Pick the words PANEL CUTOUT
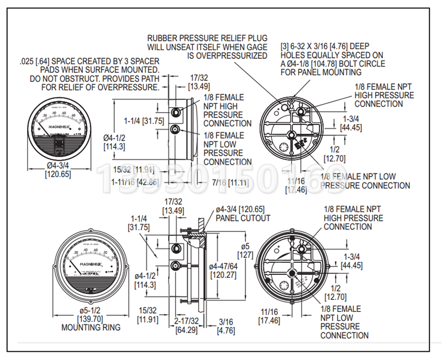tap(243, 218)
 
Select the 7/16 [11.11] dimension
tap(229, 181)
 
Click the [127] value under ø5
tap(245, 255)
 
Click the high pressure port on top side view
tap(176, 113)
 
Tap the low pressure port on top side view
tap(176, 130)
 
